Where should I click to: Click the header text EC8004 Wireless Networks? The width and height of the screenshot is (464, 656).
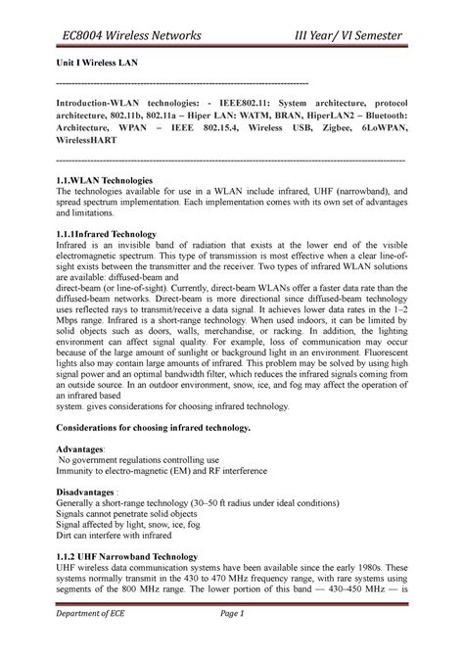(127, 37)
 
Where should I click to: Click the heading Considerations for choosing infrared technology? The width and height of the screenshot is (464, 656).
(155, 429)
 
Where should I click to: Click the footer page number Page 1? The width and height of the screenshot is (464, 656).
(231, 640)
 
